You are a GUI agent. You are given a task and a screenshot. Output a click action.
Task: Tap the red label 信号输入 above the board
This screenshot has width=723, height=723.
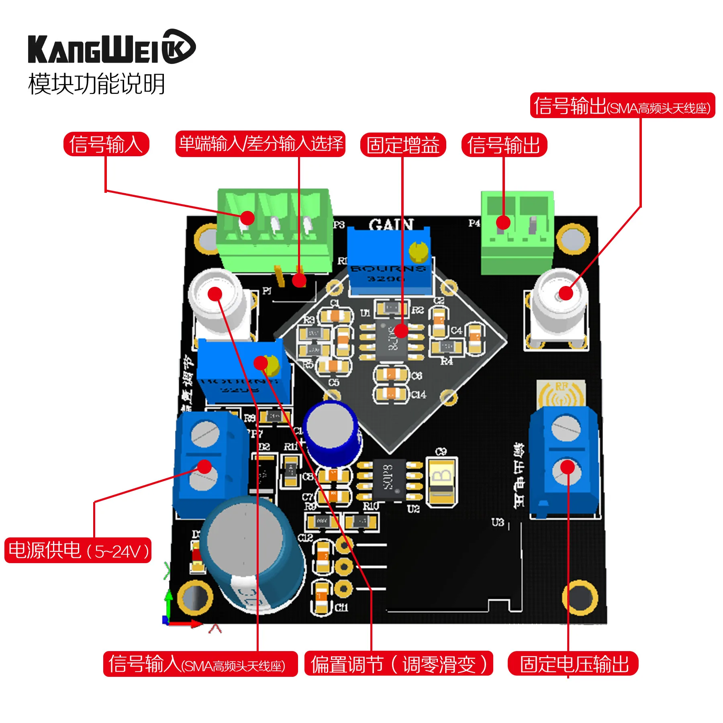[106, 144]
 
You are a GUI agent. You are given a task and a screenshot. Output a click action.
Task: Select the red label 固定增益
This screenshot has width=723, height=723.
[403, 145]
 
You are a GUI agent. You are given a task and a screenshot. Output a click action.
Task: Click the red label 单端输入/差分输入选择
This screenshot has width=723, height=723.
[260, 144]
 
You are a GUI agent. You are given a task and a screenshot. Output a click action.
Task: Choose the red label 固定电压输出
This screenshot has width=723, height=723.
[573, 664]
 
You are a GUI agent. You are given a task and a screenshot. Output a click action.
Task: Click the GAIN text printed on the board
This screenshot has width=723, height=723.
[391, 225]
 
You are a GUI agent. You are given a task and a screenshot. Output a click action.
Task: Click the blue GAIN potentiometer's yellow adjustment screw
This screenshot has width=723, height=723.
[418, 251]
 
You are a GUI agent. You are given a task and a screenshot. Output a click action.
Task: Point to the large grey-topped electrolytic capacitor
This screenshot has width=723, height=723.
[251, 554]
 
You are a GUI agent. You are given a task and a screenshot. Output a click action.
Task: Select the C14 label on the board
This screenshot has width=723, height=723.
[419, 395]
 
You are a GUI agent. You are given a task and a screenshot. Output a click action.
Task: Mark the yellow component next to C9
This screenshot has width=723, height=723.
[442, 482]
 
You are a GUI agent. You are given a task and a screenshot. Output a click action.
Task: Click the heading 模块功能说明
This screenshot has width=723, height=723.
[96, 84]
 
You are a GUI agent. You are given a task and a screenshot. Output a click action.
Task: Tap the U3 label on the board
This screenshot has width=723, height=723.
[497, 522]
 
